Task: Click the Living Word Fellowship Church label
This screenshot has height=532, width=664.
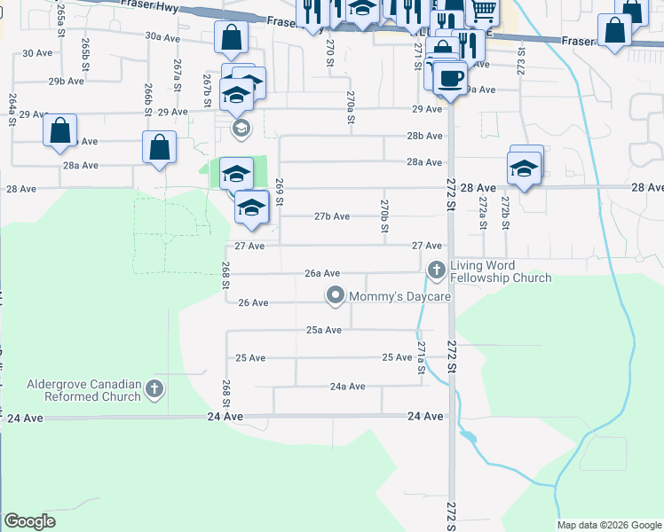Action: coord(500,271)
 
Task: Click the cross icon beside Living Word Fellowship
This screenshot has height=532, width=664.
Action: coord(436,269)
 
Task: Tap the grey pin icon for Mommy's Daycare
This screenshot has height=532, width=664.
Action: coord(335,295)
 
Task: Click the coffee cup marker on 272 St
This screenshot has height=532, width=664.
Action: coord(450,77)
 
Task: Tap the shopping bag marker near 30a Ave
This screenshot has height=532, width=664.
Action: coord(231,39)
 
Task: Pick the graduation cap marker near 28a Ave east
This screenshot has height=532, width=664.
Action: coord(524,168)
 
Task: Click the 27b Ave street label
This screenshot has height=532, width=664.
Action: coord(332,216)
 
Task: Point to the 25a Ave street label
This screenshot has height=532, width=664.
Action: coord(324,330)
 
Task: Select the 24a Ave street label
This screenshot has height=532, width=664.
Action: coord(347,387)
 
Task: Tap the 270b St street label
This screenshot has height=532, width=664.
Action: coord(384,215)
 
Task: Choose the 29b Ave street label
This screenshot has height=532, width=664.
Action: coord(67,81)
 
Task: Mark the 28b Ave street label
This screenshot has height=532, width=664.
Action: coord(424,136)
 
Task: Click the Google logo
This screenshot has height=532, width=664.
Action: coord(29,521)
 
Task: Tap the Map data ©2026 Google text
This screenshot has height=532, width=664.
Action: coord(608,525)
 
